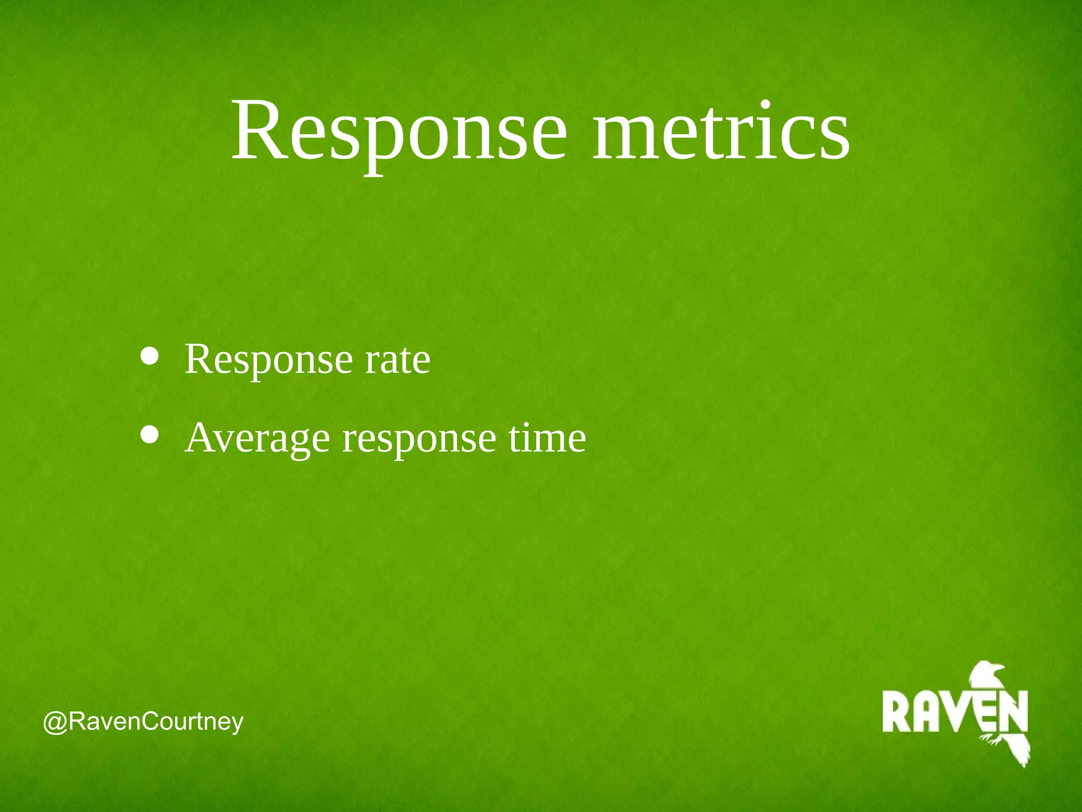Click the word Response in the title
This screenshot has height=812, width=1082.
(399, 132)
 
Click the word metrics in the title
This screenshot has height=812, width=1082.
(721, 132)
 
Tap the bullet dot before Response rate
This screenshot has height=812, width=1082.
(150, 356)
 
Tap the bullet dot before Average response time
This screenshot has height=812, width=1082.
(150, 434)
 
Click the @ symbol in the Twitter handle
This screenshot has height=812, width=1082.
(55, 722)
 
